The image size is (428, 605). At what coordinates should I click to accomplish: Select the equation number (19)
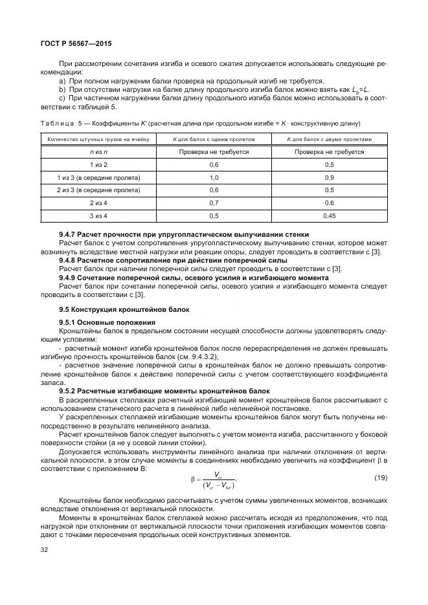click(x=380, y=478)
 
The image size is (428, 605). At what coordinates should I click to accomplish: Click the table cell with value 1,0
click(x=214, y=177)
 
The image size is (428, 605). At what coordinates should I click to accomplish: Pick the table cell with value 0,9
click(x=329, y=177)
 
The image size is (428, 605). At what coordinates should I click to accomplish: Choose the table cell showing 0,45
click(x=329, y=215)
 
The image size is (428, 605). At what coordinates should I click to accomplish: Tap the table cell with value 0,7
click(x=214, y=203)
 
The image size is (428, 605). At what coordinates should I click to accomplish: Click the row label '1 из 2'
click(x=98, y=164)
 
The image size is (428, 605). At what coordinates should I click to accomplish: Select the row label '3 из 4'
click(x=98, y=215)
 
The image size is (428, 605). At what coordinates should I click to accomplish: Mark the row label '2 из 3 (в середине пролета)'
click(x=98, y=190)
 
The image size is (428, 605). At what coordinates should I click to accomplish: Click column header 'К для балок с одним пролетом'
click(x=214, y=139)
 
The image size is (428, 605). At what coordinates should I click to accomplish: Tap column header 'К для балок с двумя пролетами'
click(x=329, y=139)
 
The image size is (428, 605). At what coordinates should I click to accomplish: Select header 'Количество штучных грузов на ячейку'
click(x=98, y=139)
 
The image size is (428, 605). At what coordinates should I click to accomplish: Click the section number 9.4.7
click(x=68, y=234)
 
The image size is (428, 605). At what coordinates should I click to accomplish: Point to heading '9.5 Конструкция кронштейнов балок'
click(x=115, y=309)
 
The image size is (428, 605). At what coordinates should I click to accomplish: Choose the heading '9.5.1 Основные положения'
click(x=107, y=322)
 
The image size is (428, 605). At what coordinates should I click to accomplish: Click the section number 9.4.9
click(x=68, y=278)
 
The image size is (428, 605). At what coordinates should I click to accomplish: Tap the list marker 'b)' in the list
click(x=62, y=89)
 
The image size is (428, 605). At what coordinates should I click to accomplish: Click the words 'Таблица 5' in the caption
click(x=62, y=123)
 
